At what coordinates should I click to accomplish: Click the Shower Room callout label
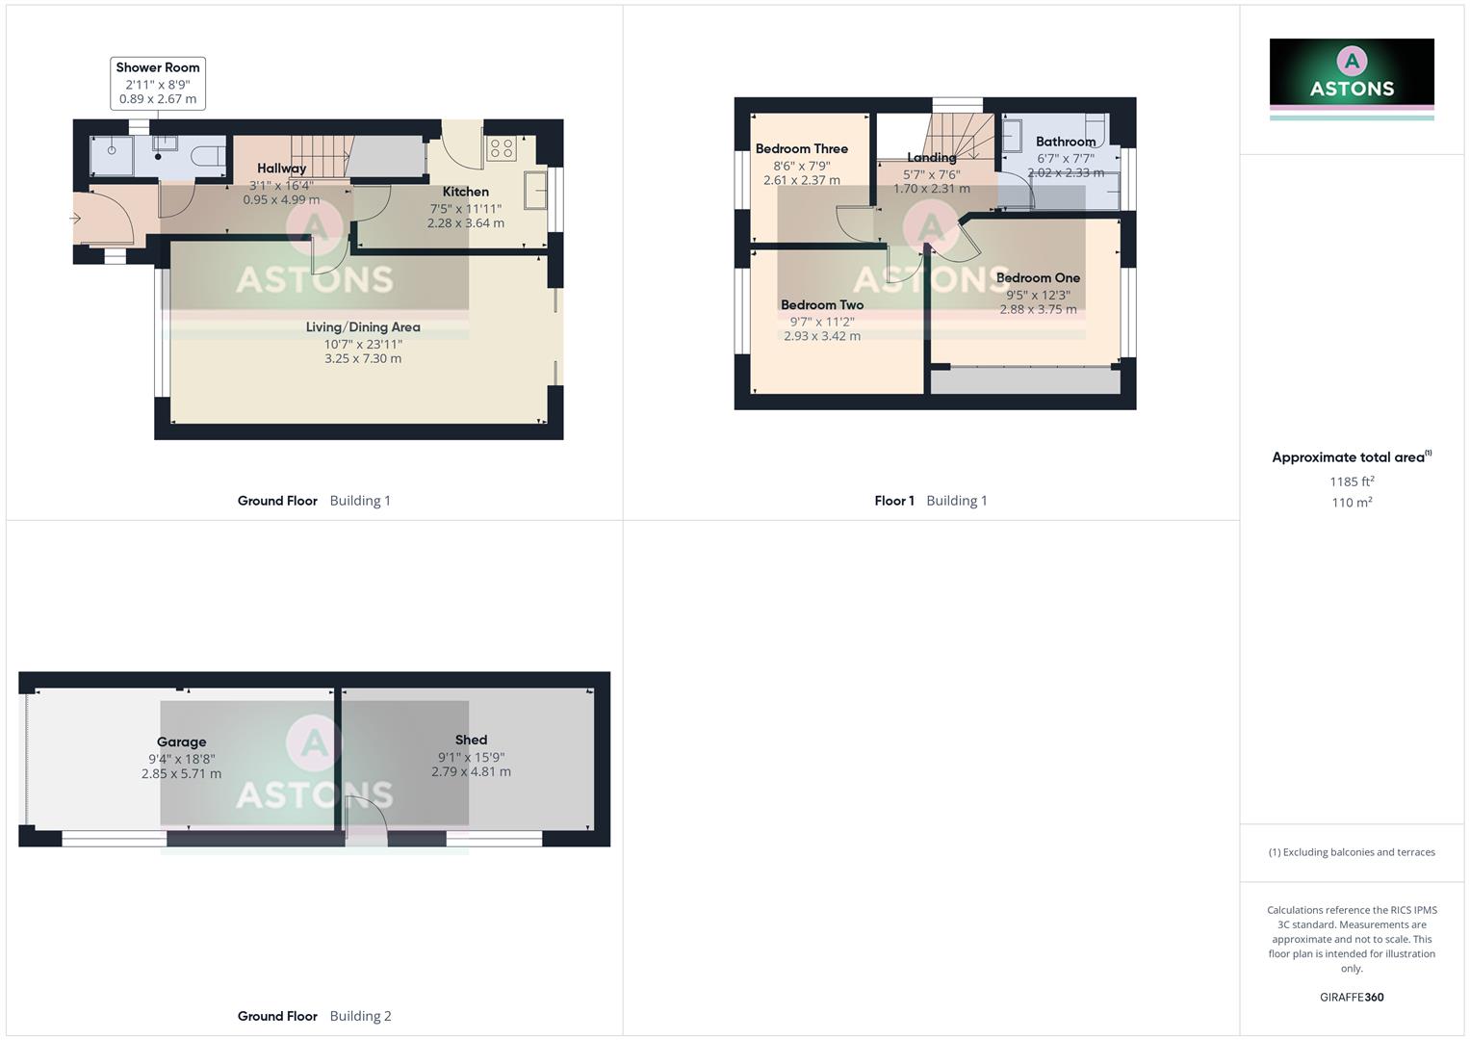158,67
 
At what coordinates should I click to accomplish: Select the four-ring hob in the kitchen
502,148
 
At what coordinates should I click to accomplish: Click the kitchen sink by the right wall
535,190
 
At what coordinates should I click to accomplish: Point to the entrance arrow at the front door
76,219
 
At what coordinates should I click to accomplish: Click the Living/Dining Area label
363,327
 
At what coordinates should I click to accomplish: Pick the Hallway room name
281,169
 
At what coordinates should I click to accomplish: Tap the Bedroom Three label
801,149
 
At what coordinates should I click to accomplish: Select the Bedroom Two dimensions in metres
822,336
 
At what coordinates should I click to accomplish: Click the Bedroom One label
1038,278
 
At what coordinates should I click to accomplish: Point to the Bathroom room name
1066,142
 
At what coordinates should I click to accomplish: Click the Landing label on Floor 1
931,158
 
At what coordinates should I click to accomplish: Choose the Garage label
181,742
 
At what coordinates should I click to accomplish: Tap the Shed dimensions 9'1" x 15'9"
471,757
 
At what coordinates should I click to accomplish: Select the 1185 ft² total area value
1352,481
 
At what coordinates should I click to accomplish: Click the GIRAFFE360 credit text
1352,998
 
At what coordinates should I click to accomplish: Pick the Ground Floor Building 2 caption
314,1016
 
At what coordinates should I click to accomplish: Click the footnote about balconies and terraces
1352,852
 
